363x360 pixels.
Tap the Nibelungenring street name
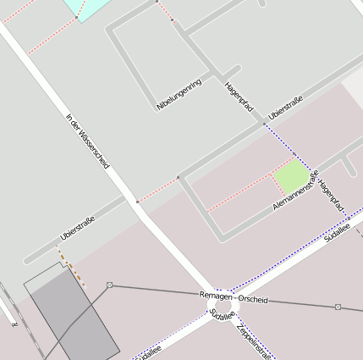point(179,95)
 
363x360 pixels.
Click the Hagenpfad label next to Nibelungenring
point(239,97)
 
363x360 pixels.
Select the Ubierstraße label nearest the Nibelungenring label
point(285,108)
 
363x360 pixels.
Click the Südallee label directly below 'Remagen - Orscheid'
point(221,314)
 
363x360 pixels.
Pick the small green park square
point(290,176)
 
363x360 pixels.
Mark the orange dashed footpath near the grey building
point(71,265)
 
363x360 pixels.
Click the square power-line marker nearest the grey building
point(110,285)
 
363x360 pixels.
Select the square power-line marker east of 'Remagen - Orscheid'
point(338,307)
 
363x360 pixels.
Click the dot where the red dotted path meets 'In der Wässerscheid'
point(137,202)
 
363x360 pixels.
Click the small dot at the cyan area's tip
point(77,18)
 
